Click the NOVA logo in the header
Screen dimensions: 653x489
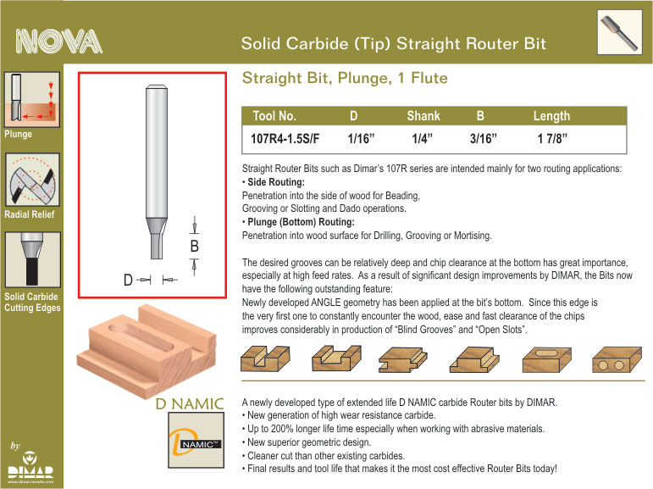click(58, 42)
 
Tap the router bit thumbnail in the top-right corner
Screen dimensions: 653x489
click(619, 32)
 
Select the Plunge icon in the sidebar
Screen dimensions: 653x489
click(32, 99)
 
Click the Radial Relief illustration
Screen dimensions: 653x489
click(32, 180)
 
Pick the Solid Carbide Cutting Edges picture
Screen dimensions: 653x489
click(32, 259)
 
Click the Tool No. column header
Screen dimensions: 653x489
click(274, 116)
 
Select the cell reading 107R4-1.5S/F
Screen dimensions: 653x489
click(285, 138)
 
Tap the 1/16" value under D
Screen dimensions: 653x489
click(361, 138)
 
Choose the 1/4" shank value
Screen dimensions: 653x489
click(423, 138)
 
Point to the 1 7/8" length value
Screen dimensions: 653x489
click(552, 138)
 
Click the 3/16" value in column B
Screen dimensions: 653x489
click(484, 138)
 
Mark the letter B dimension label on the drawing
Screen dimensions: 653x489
click(195, 247)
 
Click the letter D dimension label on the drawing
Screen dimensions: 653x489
click(128, 280)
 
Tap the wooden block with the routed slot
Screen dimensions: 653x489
click(147, 349)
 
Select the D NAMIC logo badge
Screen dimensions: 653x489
click(196, 440)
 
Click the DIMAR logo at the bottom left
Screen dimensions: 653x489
click(30, 465)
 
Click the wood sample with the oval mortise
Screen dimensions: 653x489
click(547, 359)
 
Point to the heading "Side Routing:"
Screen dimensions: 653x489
click(276, 182)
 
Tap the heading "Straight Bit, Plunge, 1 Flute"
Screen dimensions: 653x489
click(345, 78)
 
